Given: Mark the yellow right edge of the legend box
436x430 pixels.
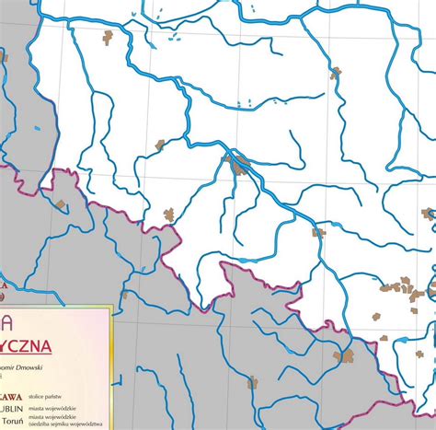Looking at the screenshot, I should [x=110, y=368].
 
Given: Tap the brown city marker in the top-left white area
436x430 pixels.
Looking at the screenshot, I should [x=108, y=37].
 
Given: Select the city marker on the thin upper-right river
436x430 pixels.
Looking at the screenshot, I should [x=336, y=72].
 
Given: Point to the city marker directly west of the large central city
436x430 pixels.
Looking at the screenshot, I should [x=160, y=145].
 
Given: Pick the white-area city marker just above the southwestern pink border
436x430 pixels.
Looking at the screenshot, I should [x=169, y=215].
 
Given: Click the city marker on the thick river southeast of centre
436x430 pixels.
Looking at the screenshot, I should [x=318, y=233].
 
